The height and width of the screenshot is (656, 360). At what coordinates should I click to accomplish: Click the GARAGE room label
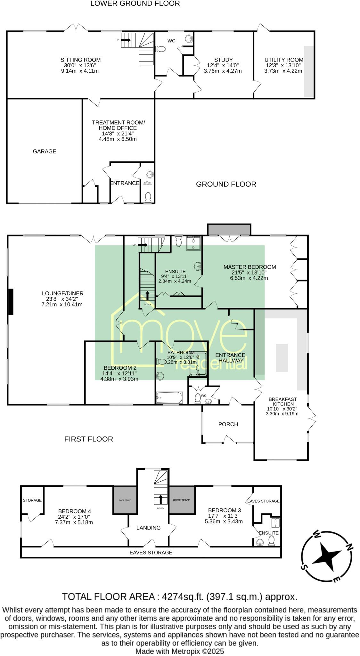[x=45, y=151]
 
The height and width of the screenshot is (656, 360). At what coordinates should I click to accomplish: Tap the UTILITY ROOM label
[x=284, y=60]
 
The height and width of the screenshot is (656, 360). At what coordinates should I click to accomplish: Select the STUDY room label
[x=223, y=60]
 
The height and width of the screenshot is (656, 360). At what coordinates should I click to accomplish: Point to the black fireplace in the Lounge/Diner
[x=11, y=301]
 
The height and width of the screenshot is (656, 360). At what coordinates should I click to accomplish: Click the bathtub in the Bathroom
[x=169, y=398]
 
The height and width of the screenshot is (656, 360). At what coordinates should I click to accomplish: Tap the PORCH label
[x=228, y=424]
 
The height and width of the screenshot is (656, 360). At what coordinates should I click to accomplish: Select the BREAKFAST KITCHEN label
[x=282, y=402]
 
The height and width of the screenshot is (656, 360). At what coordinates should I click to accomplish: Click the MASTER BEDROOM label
[x=250, y=267]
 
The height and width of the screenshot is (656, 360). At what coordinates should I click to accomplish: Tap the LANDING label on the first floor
[x=148, y=528]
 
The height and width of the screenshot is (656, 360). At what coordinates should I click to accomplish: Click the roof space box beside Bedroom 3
[x=182, y=500]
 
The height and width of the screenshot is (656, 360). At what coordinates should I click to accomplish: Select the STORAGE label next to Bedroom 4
[x=32, y=500]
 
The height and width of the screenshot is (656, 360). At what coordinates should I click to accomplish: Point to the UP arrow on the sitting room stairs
[x=127, y=40]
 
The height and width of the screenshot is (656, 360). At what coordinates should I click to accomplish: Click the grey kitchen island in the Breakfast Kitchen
[x=282, y=357]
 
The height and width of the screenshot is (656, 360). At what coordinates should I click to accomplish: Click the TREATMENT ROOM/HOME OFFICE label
[x=118, y=125]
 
